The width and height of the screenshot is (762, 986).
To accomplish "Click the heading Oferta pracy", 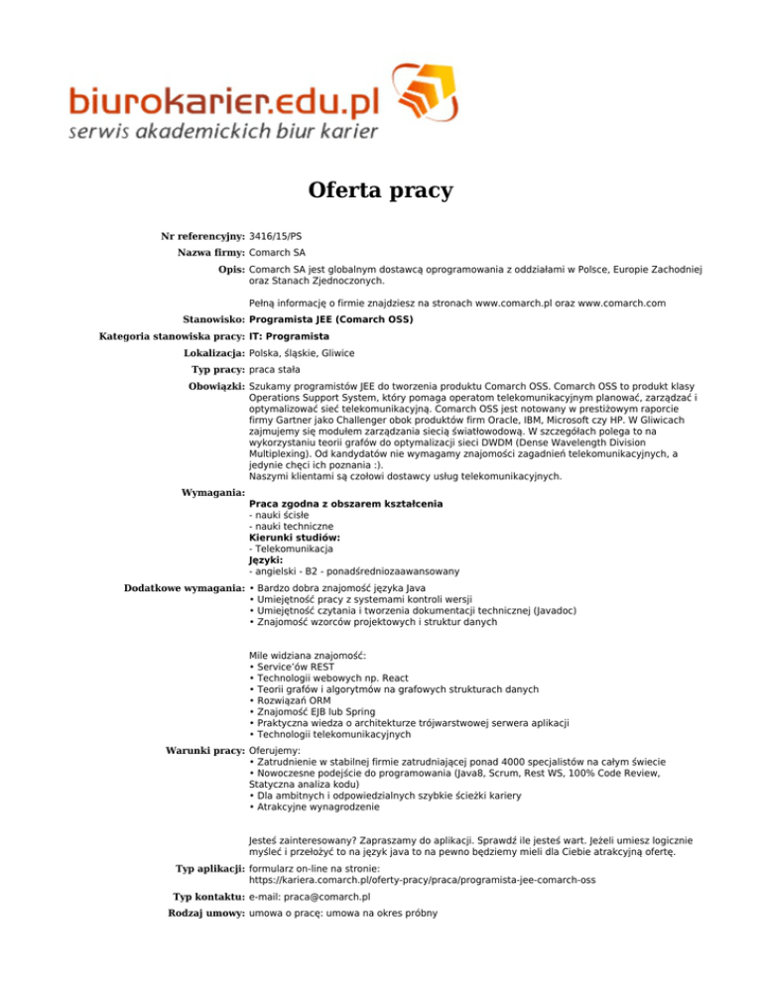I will pos(380,188).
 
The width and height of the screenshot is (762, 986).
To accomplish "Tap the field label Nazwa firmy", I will pos(210,253).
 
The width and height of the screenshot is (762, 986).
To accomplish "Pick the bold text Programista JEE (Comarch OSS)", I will pos(330,319).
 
